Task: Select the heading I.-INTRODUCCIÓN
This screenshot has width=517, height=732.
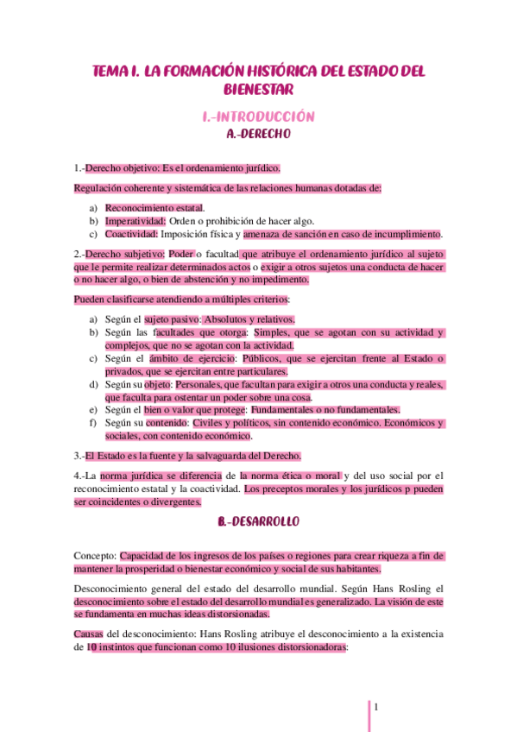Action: tap(258, 117)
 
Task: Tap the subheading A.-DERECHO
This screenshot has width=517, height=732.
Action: tap(258, 135)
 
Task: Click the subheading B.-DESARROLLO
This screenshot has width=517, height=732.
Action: tap(258, 522)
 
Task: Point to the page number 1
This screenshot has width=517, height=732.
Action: tap(376, 707)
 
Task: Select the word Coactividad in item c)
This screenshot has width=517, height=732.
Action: tap(132, 234)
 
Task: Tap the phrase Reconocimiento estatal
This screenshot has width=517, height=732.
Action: tap(154, 208)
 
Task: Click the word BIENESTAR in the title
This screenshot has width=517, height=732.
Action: tap(258, 90)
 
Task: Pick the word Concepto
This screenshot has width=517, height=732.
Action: tap(95, 557)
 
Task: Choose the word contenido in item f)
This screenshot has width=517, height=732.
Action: tap(169, 423)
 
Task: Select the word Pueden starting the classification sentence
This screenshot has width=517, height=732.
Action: tap(93, 300)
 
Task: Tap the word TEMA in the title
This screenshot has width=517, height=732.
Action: tap(111, 72)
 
